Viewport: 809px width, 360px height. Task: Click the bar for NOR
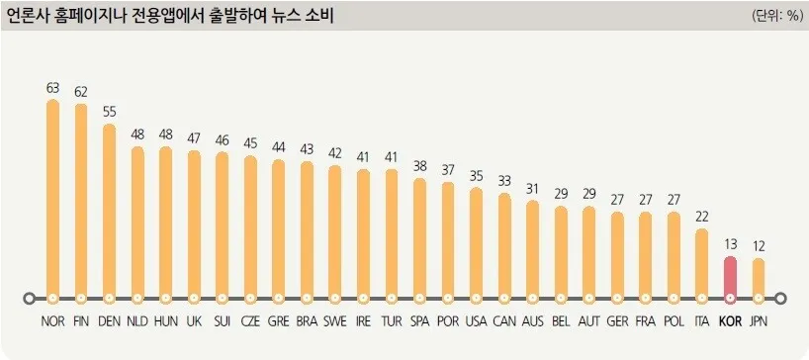(x=53, y=198)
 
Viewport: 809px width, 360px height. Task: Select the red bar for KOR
(x=730, y=277)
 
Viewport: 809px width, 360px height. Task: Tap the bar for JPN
(x=759, y=278)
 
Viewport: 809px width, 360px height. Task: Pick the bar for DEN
(x=110, y=211)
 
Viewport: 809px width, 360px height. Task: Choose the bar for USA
(x=477, y=242)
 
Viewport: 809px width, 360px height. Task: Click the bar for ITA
(x=702, y=263)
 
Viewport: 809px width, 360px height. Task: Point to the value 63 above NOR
(x=53, y=87)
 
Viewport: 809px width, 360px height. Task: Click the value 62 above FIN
(x=81, y=90)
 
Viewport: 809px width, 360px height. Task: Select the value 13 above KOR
(x=730, y=244)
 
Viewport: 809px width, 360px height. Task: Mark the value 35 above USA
(x=477, y=175)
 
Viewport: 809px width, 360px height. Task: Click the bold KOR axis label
(x=730, y=321)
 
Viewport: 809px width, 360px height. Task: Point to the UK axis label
(x=194, y=321)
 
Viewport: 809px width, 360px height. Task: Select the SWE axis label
(x=335, y=321)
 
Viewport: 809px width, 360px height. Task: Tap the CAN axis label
(x=504, y=321)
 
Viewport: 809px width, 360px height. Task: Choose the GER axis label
(x=617, y=321)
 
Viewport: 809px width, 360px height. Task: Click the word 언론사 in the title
(x=31, y=15)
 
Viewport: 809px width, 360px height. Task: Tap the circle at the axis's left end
(x=29, y=298)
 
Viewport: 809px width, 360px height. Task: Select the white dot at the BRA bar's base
(x=307, y=298)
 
